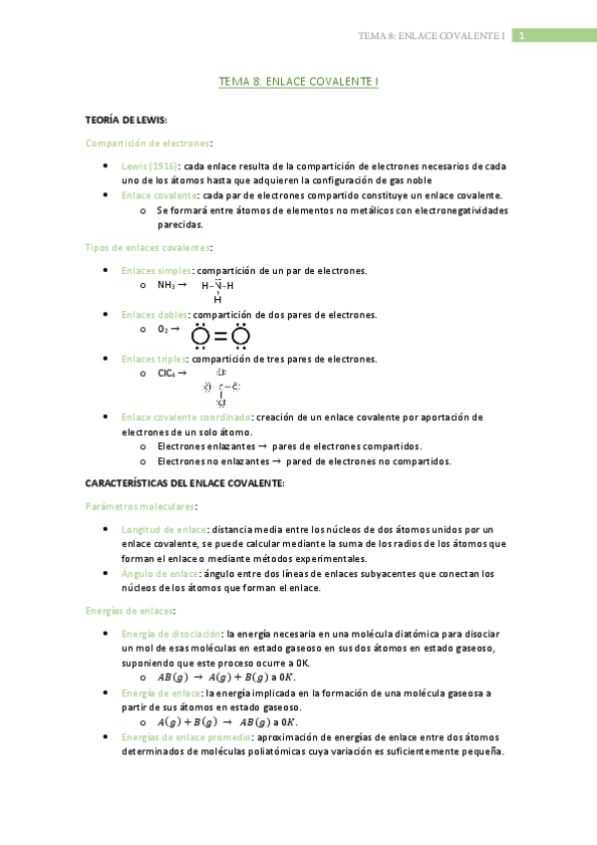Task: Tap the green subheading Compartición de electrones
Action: click(149, 143)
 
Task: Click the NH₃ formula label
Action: click(166, 285)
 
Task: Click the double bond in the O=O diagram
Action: click(220, 336)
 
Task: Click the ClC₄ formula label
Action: click(166, 374)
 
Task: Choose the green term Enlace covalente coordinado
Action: click(185, 418)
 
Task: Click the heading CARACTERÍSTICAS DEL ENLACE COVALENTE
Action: click(185, 483)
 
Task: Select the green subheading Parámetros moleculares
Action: click(141, 506)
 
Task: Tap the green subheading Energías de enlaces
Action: click(131, 610)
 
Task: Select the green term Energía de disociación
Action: click(171, 634)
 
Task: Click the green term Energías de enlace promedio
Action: click(185, 737)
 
